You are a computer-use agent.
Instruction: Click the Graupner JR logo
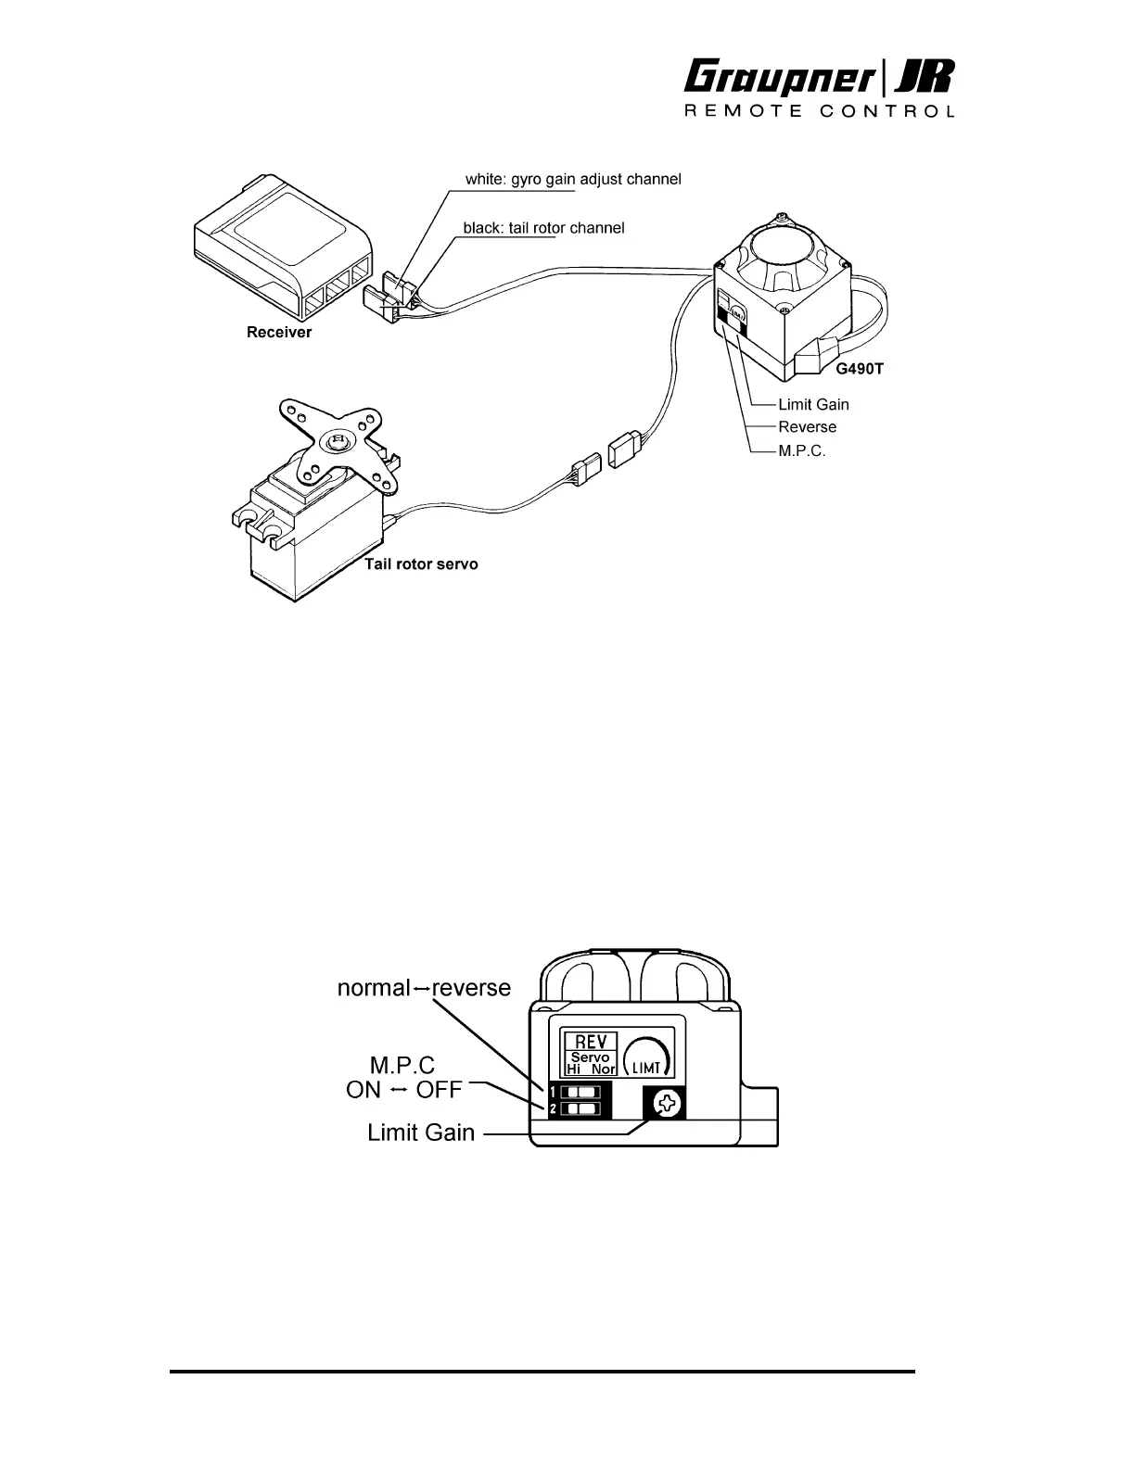point(819,77)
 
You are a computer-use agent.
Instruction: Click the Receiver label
point(279,332)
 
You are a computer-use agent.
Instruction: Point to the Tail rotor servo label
point(421,563)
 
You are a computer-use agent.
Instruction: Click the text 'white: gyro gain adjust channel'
point(573,179)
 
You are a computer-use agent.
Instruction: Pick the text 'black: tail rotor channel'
point(543,228)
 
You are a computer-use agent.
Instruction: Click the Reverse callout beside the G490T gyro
point(807,427)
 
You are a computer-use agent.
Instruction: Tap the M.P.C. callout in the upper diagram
point(801,450)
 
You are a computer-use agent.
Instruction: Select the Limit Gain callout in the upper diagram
point(813,404)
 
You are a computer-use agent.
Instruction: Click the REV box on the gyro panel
point(591,1041)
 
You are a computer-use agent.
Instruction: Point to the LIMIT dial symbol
point(646,1057)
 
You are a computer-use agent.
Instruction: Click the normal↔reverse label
point(424,987)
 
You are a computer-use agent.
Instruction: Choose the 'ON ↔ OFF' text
point(403,1090)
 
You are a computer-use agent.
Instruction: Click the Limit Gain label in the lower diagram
point(421,1132)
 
